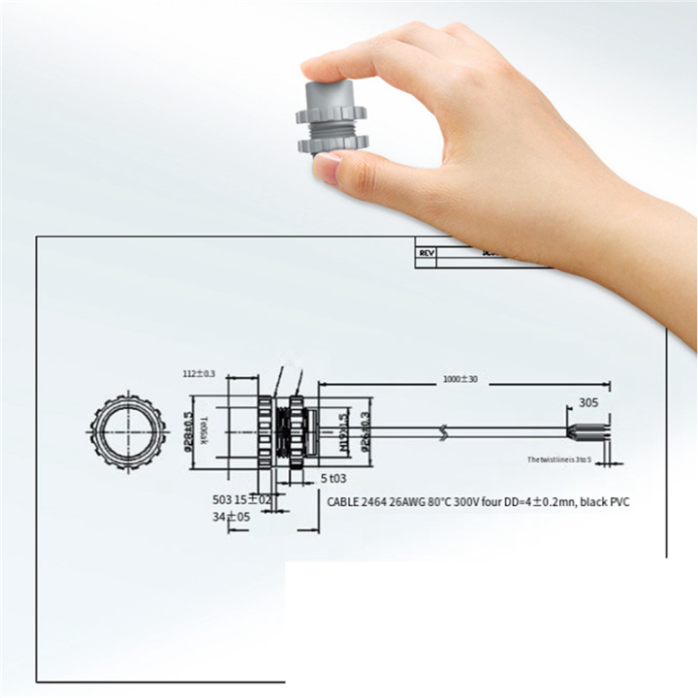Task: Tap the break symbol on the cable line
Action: [x=444, y=432]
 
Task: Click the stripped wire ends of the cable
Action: [x=592, y=431]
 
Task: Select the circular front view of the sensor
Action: [x=123, y=432]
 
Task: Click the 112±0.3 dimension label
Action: [x=199, y=373]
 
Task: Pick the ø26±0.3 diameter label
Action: [x=365, y=429]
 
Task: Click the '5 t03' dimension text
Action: [x=335, y=478]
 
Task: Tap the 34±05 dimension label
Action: [x=232, y=518]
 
